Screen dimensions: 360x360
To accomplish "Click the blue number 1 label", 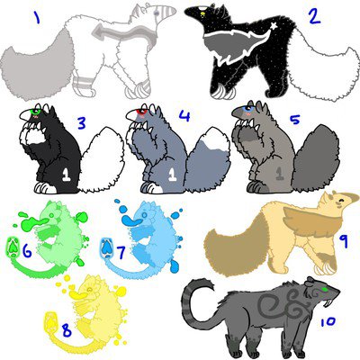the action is (x=37, y=18).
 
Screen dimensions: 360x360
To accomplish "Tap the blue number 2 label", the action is (x=314, y=16).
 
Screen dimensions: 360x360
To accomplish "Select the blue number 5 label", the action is (x=294, y=120).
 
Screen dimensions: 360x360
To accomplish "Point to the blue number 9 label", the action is (x=343, y=241).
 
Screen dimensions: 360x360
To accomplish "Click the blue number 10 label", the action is (x=328, y=322).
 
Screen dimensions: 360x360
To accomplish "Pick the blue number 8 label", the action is (x=67, y=331).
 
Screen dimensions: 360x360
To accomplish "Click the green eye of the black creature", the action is (x=36, y=111).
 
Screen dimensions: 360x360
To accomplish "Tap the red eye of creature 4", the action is (x=141, y=112).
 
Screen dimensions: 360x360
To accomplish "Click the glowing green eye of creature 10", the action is (x=324, y=289).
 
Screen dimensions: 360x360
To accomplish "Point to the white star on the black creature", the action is (x=274, y=26).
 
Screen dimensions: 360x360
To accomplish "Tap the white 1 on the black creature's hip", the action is (x=67, y=175).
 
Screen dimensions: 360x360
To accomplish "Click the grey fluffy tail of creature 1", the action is (x=36, y=67).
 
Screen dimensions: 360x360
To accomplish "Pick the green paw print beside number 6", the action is (x=13, y=247).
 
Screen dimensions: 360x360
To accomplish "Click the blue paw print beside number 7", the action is (x=106, y=247).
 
